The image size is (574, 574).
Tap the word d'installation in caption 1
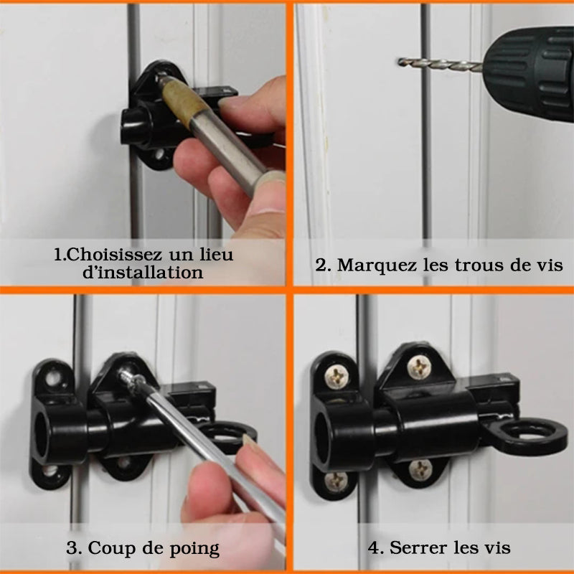tap(143, 273)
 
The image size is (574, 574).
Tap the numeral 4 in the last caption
tap(374, 548)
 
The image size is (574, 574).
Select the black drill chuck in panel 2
tap(529, 73)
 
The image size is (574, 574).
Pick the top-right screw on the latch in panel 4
tap(420, 367)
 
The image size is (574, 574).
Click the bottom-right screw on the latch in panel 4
tap(420, 470)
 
